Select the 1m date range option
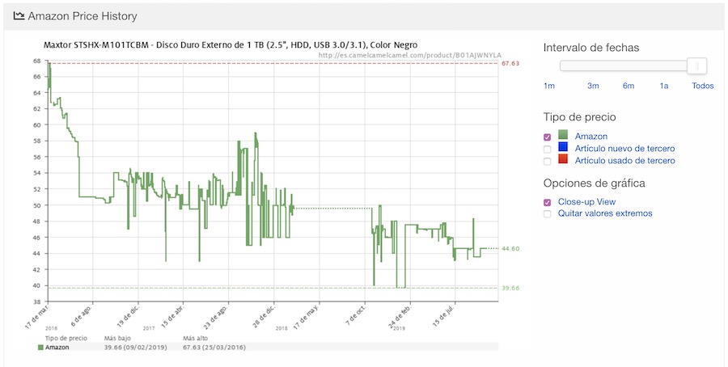(549, 86)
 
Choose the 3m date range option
(593, 86)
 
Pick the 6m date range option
(629, 86)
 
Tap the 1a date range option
(664, 86)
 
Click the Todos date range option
(703, 86)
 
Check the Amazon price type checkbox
(548, 137)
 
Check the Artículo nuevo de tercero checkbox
(548, 150)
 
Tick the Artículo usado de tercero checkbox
(548, 162)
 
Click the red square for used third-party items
(564, 160)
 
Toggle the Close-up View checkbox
(548, 202)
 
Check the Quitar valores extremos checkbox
(548, 214)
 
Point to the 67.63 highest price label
(510, 63)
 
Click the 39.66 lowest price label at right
(510, 288)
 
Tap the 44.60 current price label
(510, 249)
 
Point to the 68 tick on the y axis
(37, 61)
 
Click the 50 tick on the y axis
(37, 205)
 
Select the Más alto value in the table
(214, 348)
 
